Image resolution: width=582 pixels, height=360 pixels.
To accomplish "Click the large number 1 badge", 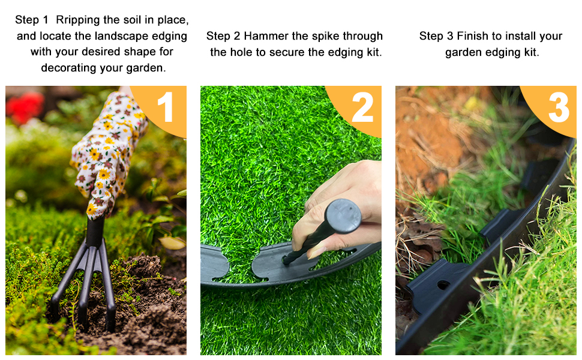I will point(165,108).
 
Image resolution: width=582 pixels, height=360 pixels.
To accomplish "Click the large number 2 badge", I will point(362,108).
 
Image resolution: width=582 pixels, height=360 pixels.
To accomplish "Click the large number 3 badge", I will point(558,108).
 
